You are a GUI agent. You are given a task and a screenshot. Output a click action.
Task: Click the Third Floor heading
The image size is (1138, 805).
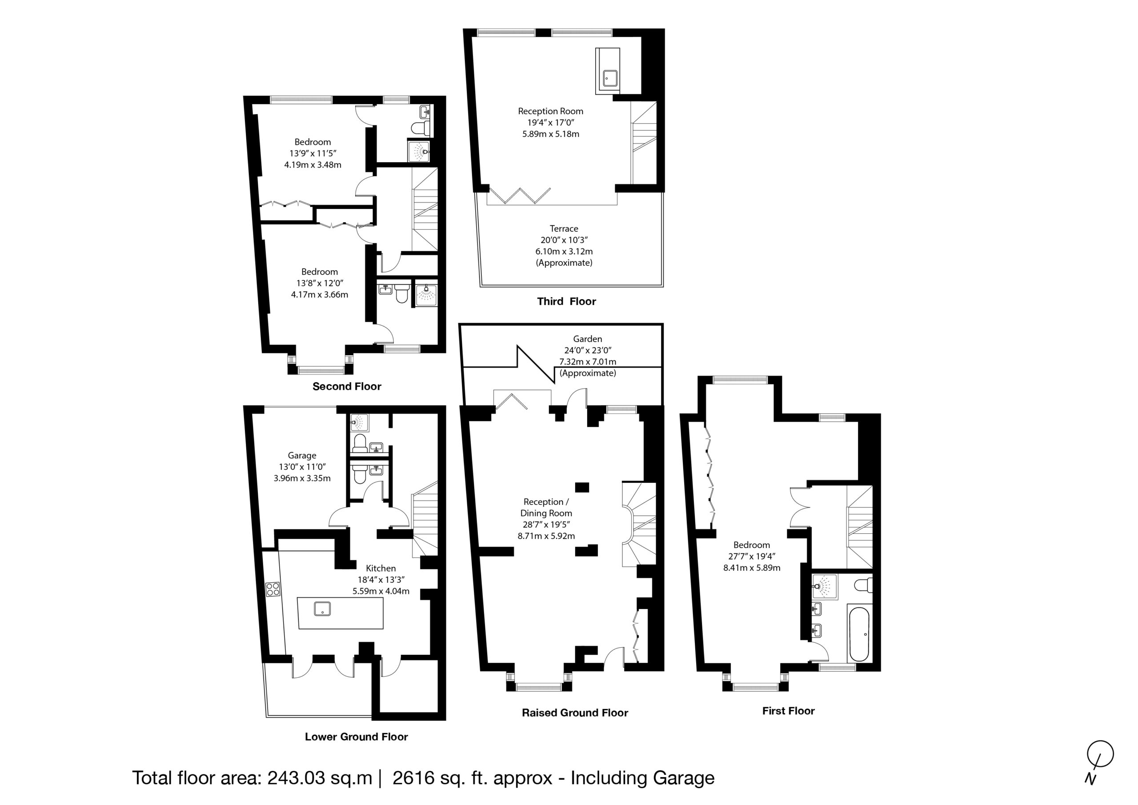(566, 301)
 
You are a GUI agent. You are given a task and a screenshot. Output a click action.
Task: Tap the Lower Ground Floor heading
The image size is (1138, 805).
(357, 737)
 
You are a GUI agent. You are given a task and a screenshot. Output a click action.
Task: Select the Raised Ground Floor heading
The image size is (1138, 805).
(575, 713)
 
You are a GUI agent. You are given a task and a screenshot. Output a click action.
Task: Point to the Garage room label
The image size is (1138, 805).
(302, 456)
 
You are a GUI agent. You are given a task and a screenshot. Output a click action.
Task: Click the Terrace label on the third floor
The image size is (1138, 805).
(564, 228)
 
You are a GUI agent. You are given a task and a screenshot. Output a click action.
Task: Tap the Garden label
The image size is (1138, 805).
(588, 339)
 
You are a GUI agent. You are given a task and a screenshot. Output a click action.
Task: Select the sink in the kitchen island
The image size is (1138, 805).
(323, 608)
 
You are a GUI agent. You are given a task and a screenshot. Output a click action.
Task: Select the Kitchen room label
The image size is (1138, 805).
(381, 568)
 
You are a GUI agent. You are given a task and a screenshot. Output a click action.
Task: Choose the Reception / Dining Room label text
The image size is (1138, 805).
(546, 508)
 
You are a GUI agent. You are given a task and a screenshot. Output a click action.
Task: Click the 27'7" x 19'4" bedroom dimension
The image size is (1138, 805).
(751, 556)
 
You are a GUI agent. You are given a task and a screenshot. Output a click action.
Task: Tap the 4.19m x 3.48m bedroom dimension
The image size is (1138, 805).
(313, 164)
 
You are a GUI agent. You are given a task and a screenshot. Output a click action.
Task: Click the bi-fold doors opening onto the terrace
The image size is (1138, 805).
(519, 195)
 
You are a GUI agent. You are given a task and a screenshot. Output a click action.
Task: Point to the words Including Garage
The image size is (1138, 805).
(642, 778)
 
